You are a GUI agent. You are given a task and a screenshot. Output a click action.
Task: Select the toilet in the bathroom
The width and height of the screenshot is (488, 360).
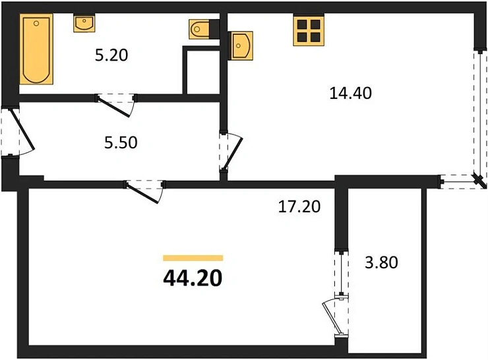click(199, 29)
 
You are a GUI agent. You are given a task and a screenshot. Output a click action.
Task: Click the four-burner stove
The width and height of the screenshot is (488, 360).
click(309, 30)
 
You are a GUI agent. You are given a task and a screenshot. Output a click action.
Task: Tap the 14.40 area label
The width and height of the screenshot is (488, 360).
click(351, 93)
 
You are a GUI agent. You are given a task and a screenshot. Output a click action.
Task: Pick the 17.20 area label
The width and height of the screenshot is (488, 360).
click(298, 208)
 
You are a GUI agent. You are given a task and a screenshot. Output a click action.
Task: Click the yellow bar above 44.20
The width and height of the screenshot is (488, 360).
click(193, 258)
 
